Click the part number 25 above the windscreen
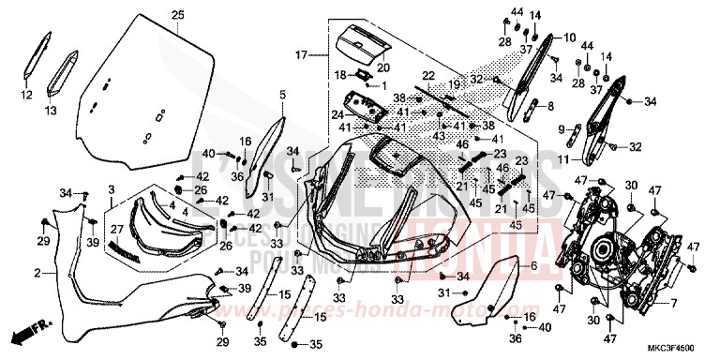point(177,13)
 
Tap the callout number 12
point(25,95)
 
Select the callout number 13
point(51,110)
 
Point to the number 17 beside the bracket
point(301,56)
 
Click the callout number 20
point(383,67)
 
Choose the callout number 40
point(207,153)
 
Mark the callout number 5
point(282,95)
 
